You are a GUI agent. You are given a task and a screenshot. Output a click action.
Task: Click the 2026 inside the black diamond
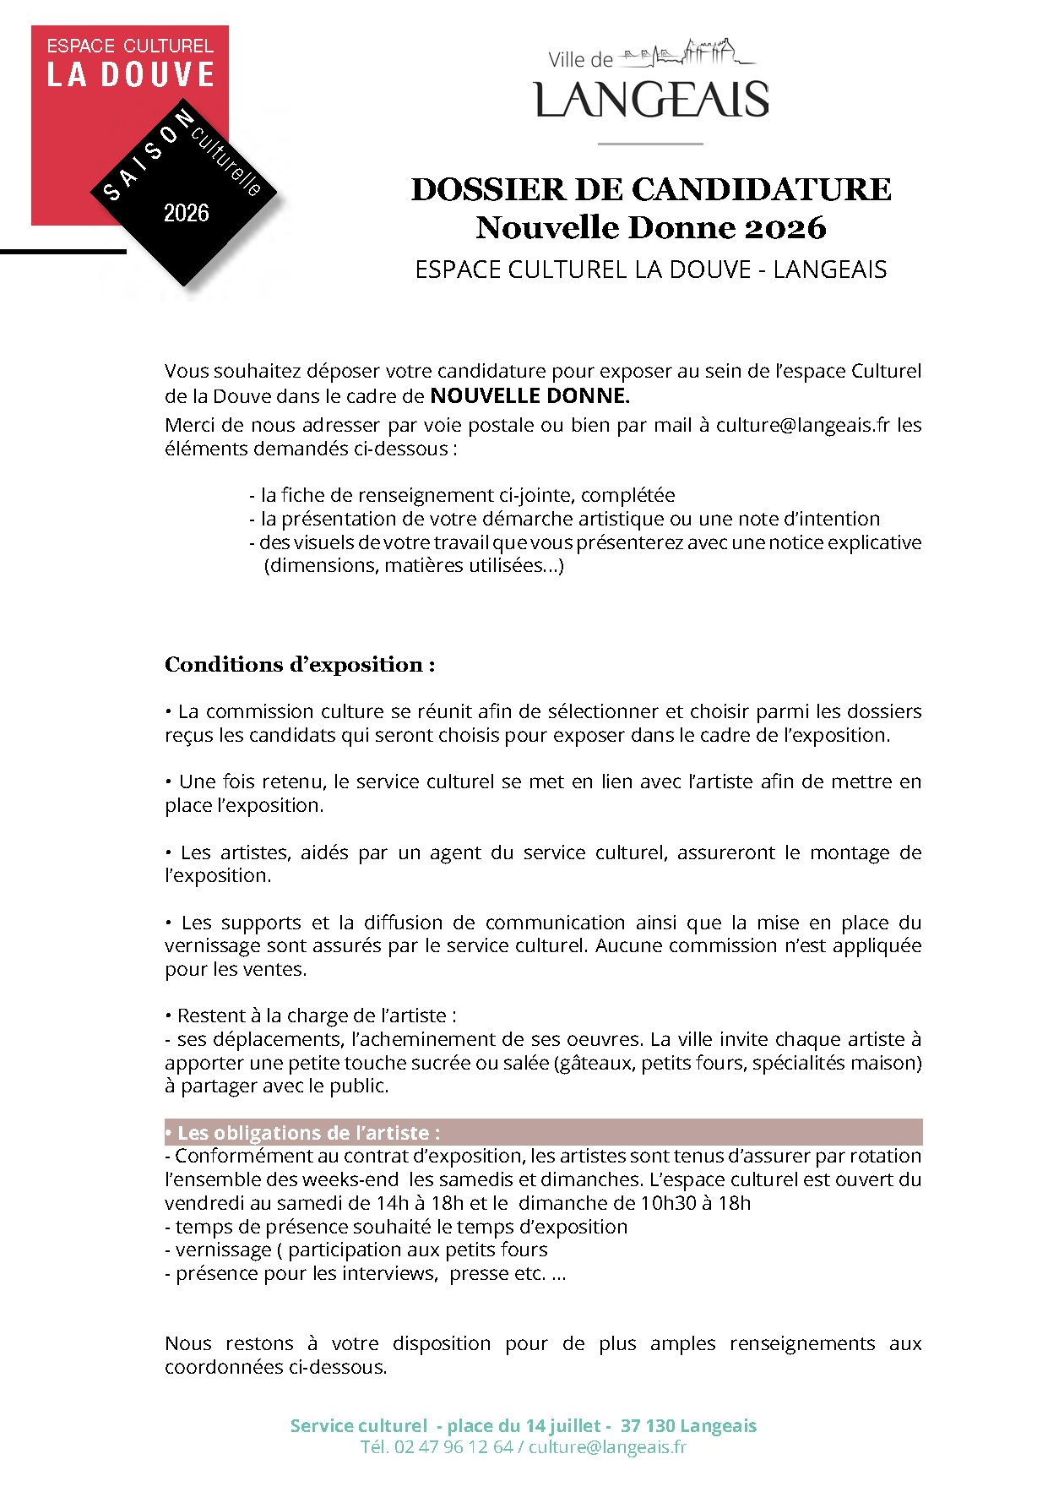click(187, 213)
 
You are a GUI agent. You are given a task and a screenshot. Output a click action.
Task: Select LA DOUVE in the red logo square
click(131, 75)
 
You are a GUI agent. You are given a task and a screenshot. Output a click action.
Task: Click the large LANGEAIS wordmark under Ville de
click(651, 100)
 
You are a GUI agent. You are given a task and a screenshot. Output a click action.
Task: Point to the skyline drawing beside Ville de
click(687, 53)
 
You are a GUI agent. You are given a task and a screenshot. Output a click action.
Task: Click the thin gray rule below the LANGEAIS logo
click(650, 144)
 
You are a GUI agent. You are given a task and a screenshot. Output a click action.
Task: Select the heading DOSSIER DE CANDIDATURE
click(651, 189)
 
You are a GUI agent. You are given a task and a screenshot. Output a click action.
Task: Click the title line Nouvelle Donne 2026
click(651, 227)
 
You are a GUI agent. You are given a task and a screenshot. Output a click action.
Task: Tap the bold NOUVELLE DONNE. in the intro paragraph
click(529, 395)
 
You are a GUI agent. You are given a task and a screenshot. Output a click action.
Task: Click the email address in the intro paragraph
click(802, 425)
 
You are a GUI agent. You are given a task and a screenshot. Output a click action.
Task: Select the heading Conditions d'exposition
click(300, 665)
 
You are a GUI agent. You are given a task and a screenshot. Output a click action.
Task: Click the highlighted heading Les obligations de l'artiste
click(308, 1133)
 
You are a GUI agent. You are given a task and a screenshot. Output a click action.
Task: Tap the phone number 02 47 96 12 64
click(453, 1446)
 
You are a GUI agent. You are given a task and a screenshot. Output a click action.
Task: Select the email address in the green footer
click(607, 1446)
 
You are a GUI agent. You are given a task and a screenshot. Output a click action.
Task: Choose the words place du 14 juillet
click(524, 1426)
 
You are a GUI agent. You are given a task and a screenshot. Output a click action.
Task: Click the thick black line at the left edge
click(63, 251)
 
